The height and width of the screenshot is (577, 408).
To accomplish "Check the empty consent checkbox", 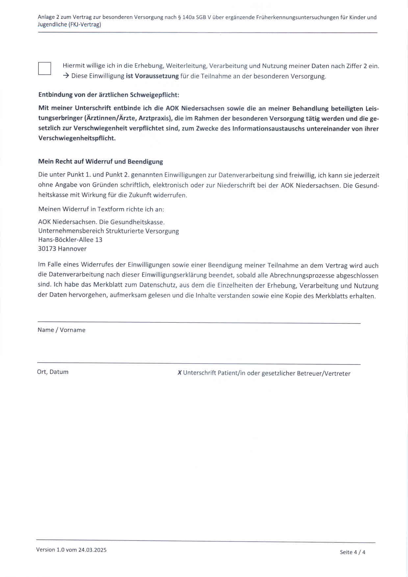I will [x=45, y=68].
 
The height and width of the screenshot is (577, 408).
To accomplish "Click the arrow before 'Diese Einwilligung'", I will [x=66, y=76].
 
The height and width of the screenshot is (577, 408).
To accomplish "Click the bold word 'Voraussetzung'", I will [x=157, y=76].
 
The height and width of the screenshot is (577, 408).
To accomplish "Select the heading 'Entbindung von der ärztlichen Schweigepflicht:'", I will [x=109, y=95].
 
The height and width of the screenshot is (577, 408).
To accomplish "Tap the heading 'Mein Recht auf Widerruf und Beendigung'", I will [x=101, y=162].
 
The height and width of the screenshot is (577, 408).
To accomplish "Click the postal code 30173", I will [x=47, y=249].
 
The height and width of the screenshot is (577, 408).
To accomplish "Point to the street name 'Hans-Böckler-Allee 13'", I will [x=70, y=239].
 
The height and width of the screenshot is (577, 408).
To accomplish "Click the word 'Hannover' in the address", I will [x=72, y=249].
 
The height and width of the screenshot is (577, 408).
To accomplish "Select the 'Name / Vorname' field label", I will [x=62, y=330].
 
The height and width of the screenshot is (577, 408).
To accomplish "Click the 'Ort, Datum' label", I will [x=53, y=372].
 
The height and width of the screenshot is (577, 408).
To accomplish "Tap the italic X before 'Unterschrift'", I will [x=180, y=373].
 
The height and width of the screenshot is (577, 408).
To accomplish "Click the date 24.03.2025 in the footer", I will [x=92, y=550].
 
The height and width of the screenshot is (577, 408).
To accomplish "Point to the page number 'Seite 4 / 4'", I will [x=352, y=552].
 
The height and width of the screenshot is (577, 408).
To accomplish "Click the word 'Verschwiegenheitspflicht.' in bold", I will [x=77, y=138].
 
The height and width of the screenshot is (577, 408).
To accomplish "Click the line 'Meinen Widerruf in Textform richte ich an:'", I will [x=101, y=209].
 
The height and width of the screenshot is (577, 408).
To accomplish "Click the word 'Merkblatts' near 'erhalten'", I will [x=331, y=296].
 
